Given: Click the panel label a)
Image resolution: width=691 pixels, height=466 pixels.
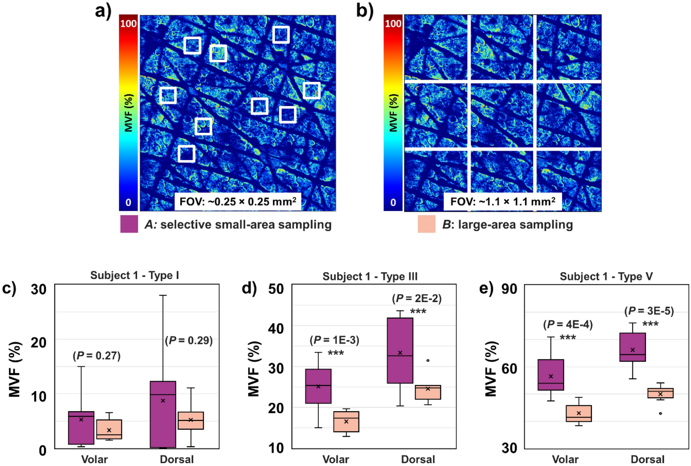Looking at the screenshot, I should point(103,10).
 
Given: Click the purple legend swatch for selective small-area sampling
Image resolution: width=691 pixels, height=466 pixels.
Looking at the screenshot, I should point(129,224).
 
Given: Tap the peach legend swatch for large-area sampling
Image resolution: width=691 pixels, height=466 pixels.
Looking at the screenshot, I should point(426,224).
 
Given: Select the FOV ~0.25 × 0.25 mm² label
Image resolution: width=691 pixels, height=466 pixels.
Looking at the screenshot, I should point(238,202).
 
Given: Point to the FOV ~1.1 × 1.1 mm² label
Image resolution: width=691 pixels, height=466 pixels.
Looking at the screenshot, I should point(502,202).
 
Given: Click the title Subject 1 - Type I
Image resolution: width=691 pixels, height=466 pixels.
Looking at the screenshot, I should point(134,275).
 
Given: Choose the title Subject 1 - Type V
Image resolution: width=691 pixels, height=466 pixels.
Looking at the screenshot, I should point(606,277).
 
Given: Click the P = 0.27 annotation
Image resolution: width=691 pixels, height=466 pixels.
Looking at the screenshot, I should point(97,356).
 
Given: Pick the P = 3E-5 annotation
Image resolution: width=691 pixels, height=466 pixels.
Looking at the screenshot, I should point(649,311).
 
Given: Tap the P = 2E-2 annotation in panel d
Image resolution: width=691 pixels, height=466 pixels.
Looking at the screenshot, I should point(416,298).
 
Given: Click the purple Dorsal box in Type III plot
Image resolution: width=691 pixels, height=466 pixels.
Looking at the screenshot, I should point(400,350).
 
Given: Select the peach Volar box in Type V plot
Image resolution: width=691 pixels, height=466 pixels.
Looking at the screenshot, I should point(578,413).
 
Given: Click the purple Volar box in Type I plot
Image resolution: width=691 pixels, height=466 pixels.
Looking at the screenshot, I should point(81,428).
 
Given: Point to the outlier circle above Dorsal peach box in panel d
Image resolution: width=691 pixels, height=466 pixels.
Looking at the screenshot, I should point(427,360).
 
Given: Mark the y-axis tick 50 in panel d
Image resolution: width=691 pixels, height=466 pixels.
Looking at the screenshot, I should point(276,289).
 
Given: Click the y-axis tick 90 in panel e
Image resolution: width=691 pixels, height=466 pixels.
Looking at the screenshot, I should point(509,289).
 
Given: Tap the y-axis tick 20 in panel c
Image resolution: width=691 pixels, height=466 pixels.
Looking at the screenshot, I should point(38,343).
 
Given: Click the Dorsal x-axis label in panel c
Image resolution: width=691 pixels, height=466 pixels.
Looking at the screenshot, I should point(177,459).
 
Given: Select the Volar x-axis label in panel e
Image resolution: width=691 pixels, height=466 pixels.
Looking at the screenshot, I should point(565,459).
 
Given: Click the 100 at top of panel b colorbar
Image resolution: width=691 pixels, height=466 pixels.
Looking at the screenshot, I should point(393,23).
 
